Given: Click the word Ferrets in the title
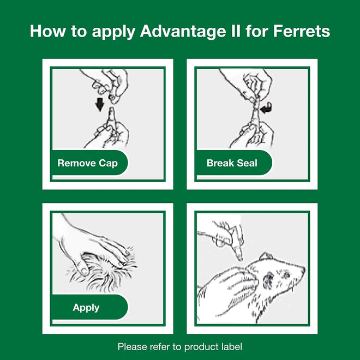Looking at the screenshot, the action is [302, 31].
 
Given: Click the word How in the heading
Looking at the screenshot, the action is [48, 31].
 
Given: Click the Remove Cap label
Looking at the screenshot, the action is [87, 163].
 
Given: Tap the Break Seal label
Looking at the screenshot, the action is [232, 163].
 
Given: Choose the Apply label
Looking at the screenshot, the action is [86, 308].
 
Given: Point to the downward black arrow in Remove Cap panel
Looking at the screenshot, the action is [100, 105].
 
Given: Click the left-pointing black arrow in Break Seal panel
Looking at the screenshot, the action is [266, 109].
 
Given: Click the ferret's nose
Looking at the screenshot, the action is [303, 268].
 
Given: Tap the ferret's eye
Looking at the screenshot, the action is [285, 274].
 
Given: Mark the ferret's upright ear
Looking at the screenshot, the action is [266, 256].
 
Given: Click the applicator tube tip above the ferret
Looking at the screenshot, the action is [240, 259].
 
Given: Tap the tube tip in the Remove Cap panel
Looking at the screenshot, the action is [112, 110].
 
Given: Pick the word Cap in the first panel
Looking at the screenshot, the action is [108, 164].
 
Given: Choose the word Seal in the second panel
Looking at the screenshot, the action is [247, 163].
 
